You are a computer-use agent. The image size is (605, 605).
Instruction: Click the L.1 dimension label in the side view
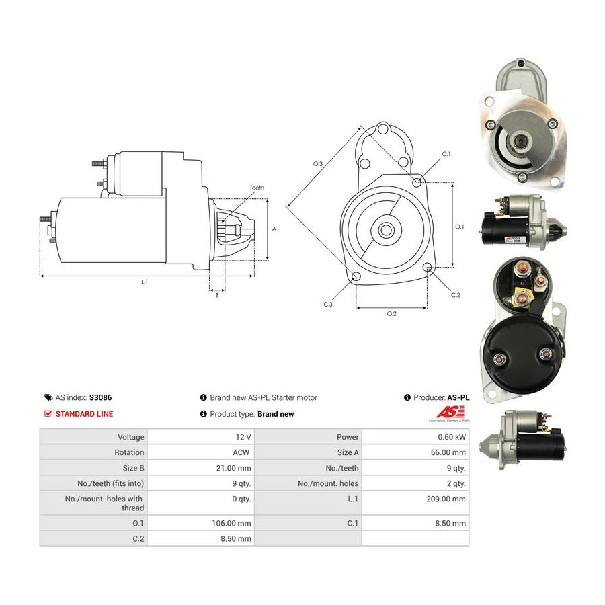[x=145, y=282]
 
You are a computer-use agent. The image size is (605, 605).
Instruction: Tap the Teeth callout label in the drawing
[x=257, y=188]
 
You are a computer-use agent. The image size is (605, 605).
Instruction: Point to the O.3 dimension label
[x=317, y=164]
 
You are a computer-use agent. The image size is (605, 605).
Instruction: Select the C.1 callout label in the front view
[x=446, y=154]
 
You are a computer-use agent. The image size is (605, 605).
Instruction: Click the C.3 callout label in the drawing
[x=328, y=305]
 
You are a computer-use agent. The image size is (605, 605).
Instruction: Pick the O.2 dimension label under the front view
[x=392, y=314]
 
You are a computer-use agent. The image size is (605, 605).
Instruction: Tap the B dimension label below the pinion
[x=217, y=295]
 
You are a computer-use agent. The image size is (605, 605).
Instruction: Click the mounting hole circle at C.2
[x=427, y=267]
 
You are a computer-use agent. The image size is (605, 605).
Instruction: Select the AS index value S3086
[x=100, y=397]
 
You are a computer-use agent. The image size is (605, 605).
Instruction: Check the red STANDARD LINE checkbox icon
[x=48, y=414]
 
